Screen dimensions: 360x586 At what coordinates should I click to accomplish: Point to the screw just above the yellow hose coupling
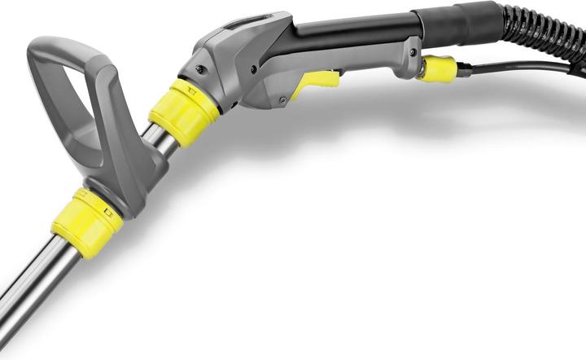tap(414, 53)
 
